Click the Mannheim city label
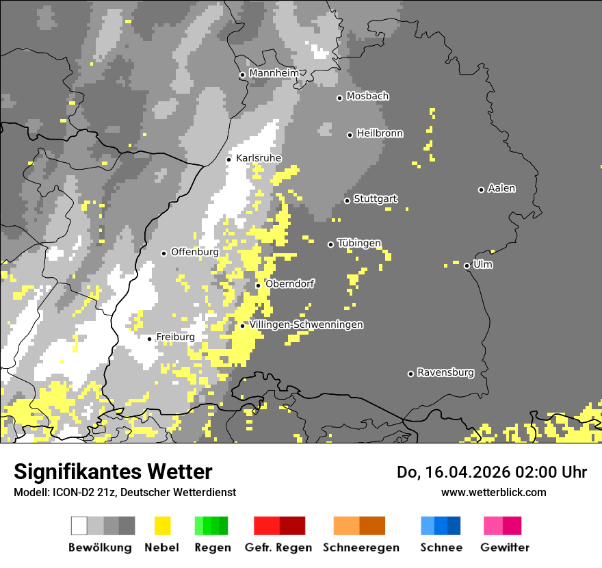(274, 73)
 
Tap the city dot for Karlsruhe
(229, 159)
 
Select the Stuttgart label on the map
(376, 199)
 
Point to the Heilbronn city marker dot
(350, 135)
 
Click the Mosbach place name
(367, 96)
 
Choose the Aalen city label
(501, 188)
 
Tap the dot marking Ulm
(467, 266)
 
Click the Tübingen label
(359, 243)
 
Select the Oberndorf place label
(289, 284)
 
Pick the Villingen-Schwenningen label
(306, 324)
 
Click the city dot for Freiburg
(149, 339)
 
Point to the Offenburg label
(194, 252)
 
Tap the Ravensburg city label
(445, 372)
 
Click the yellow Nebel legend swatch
(162, 526)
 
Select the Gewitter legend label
(504, 547)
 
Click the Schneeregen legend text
(361, 547)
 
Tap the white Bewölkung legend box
(79, 526)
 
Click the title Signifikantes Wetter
(113, 472)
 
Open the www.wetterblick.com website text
(493, 492)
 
